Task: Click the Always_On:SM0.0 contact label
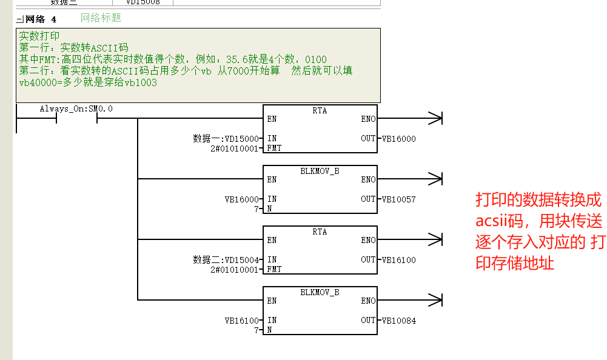(76, 108)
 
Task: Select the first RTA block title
(320, 111)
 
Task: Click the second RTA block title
(320, 232)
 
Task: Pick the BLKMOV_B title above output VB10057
(320, 171)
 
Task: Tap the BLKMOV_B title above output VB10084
(320, 292)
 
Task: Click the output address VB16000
(399, 139)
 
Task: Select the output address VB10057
(399, 199)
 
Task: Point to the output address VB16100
(399, 260)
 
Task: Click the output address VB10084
(399, 321)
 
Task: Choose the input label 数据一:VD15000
(226, 139)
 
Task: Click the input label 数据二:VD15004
(226, 260)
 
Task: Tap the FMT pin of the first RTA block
(274, 148)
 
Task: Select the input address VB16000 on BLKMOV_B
(241, 199)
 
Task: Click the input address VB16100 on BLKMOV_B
(241, 321)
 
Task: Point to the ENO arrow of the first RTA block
(409, 118)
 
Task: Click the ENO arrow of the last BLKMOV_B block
(409, 300)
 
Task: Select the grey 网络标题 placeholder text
(101, 18)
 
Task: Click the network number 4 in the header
(54, 19)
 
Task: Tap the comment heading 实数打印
(39, 36)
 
